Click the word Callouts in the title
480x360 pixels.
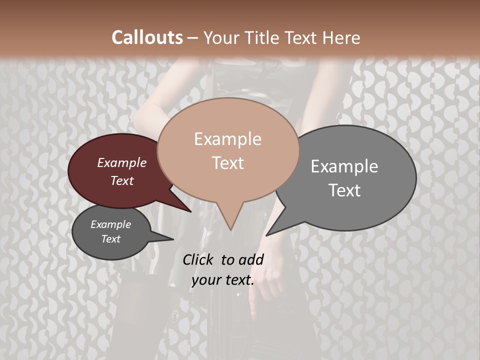(x=147, y=37)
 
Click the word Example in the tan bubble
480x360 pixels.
(x=227, y=139)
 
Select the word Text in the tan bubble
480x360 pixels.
(x=227, y=163)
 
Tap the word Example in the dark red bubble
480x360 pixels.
(x=121, y=162)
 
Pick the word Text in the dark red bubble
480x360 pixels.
(x=121, y=180)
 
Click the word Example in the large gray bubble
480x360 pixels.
(x=344, y=166)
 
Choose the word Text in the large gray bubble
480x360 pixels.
(x=344, y=190)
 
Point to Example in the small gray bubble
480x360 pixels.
(x=110, y=224)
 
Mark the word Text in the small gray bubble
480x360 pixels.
(x=110, y=239)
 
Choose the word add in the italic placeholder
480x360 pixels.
(x=252, y=259)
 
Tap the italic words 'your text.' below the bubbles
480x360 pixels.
(x=222, y=280)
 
